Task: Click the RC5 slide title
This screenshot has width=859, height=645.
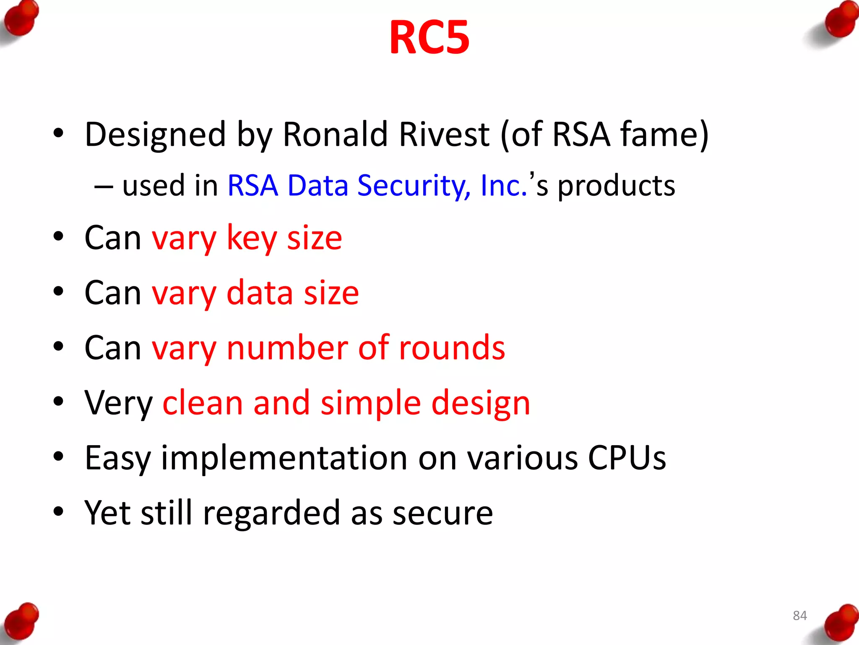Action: [429, 38]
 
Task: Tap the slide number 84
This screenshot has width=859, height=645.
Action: [799, 616]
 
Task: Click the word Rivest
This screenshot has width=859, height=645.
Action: [444, 134]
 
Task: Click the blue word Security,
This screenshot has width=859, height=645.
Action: [414, 186]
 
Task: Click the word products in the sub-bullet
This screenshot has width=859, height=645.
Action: [616, 186]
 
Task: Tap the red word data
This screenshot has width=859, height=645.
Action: [260, 293]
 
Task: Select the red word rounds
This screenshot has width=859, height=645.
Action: [452, 348]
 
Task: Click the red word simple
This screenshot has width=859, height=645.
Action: [370, 403]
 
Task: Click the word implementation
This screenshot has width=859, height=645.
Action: [284, 458]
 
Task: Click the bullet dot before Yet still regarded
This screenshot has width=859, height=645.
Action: [58, 512]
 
